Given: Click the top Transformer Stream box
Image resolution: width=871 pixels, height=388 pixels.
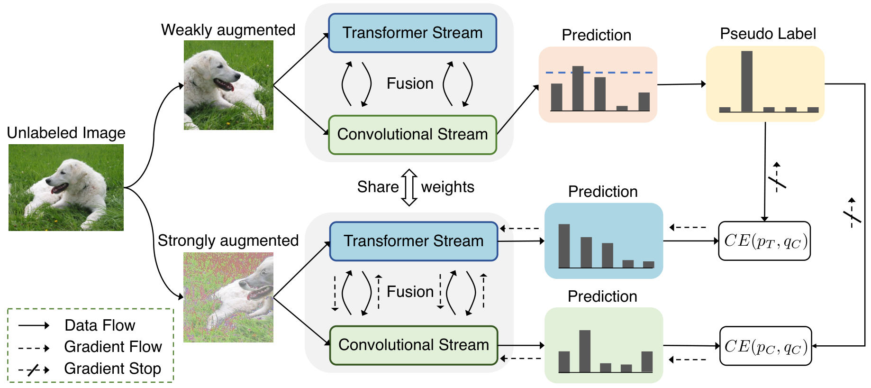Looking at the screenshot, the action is coord(412,33).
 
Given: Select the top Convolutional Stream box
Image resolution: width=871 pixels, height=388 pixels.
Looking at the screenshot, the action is coord(412,135).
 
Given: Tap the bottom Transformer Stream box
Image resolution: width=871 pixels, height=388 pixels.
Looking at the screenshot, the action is coord(414,241).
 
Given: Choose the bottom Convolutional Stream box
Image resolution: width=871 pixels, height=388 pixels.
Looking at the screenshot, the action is coord(414,345).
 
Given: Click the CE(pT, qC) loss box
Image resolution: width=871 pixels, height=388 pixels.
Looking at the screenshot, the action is coord(764,241).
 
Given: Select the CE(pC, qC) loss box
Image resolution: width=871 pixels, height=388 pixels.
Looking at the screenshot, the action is coord(765,346).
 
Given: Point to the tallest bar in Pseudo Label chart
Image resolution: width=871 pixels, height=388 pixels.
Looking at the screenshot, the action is coord(747,81).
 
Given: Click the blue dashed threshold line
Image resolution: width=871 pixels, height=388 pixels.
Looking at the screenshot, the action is coord(599,73).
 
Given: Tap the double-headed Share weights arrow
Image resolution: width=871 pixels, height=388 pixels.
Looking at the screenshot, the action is coord(409,187).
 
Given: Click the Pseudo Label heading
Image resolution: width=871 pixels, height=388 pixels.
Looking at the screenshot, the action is coord(768,34).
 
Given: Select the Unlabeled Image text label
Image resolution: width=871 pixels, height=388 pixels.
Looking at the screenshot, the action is coord(66,133).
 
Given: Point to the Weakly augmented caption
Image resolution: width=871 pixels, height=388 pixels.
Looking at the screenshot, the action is coord(228,30).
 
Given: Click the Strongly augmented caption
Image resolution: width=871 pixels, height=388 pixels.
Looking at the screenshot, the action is coord(228,240).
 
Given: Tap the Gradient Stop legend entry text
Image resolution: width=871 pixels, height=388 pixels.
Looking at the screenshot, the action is coord(113,369).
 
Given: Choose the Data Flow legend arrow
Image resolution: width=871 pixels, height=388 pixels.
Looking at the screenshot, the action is coord(34,325).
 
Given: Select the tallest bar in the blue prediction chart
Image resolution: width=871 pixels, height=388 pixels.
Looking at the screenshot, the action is coord(564,246).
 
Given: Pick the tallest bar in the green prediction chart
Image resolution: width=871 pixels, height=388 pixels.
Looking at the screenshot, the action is coord(585,351).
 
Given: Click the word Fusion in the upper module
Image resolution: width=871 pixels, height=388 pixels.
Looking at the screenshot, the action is coord(410,83).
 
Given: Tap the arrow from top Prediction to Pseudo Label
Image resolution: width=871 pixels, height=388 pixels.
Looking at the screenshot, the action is coord(681,84).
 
